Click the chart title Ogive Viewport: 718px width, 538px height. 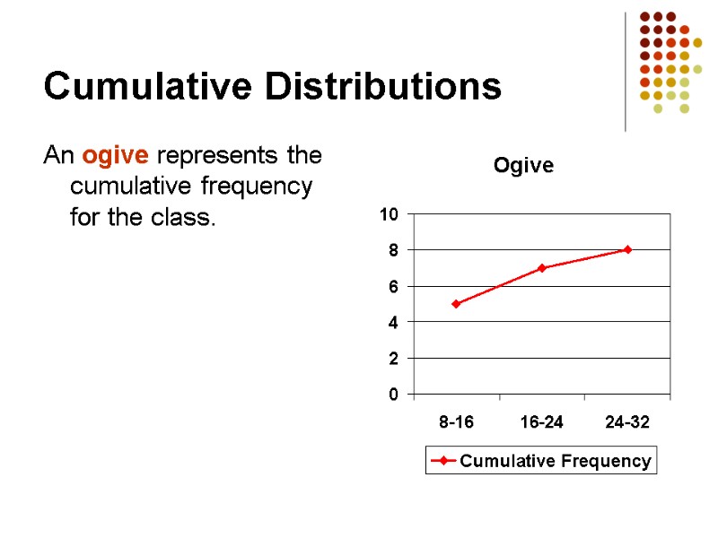523,166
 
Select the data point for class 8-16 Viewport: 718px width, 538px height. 456,304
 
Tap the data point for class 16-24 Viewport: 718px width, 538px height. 542,268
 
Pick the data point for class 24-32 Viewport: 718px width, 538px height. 627,249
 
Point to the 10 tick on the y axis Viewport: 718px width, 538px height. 389,214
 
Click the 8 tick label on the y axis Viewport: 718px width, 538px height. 393,250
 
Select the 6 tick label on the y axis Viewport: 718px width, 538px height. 393,286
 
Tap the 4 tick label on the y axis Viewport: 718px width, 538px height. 393,322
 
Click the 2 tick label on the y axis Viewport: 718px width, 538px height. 393,358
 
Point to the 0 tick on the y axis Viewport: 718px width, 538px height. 393,394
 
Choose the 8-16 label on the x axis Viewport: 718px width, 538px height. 456,422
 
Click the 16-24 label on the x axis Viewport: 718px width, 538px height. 542,422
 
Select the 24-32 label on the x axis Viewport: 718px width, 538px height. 627,422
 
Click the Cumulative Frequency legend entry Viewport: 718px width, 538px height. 555,461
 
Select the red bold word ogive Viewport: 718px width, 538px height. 116,156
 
